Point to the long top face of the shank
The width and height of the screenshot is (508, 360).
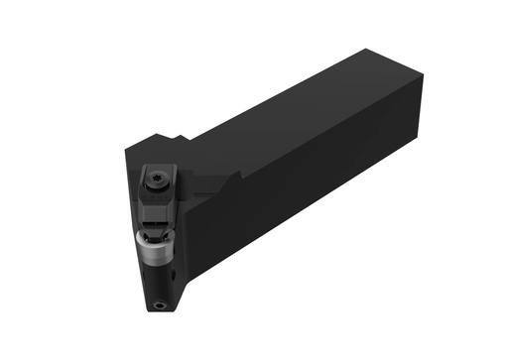(298, 109)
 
